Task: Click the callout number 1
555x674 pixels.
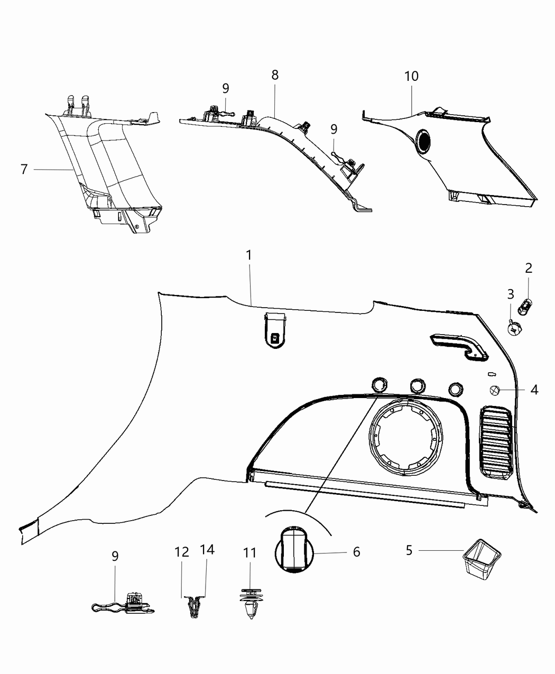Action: (x=248, y=255)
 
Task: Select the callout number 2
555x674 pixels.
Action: (x=528, y=268)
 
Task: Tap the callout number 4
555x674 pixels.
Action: (x=534, y=390)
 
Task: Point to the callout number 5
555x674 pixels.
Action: (x=409, y=550)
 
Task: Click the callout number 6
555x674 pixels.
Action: (x=356, y=552)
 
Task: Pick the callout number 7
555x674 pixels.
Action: (x=24, y=170)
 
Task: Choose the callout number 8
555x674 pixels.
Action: (x=275, y=75)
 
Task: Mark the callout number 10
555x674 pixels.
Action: (x=411, y=76)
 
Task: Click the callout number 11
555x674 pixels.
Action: (x=249, y=553)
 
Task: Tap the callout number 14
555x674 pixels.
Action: (x=207, y=550)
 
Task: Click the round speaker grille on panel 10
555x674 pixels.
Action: (x=424, y=141)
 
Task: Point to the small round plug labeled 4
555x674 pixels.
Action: (x=494, y=391)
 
